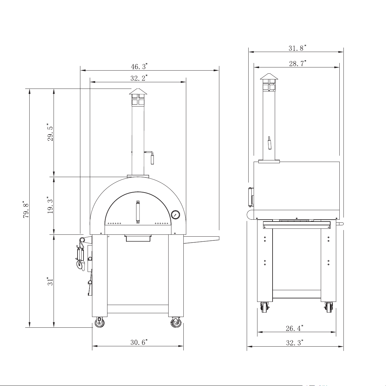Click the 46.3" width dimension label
139,66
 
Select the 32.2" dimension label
139,78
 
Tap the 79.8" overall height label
26,210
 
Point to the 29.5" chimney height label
50,132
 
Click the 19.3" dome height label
50,205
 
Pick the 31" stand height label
50,281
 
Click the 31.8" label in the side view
297,48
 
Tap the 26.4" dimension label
294,328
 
